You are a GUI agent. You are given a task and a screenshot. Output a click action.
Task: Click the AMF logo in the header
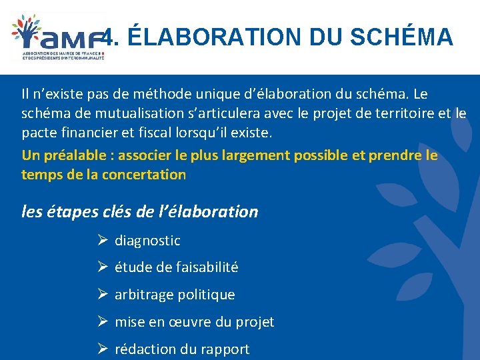(x=59, y=37)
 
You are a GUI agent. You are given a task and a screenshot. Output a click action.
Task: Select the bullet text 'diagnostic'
(x=147, y=241)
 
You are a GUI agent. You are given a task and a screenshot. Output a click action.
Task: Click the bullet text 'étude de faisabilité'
(x=176, y=267)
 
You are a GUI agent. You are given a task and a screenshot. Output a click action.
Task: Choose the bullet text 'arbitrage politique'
(x=175, y=295)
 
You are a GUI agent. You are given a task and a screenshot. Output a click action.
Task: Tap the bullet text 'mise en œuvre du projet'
(x=194, y=322)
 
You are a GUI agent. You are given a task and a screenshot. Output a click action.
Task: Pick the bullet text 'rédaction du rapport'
(x=182, y=349)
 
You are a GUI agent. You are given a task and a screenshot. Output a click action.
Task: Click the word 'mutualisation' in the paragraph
(x=127, y=113)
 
